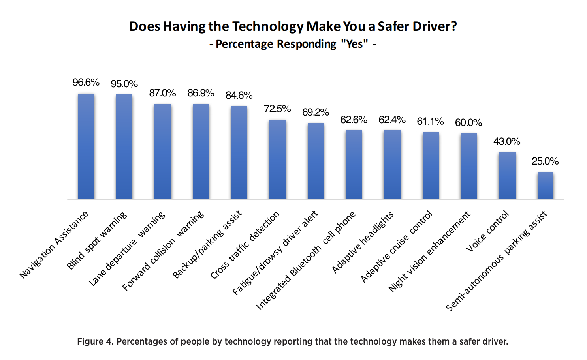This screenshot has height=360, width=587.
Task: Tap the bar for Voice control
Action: (507, 176)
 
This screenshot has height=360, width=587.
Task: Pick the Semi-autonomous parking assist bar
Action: (545, 186)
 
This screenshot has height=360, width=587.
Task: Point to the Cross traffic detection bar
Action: (277, 159)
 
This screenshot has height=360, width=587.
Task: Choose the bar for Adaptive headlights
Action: (392, 165)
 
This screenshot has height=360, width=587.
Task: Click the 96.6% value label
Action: (86, 82)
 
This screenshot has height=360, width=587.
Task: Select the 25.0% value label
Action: (545, 161)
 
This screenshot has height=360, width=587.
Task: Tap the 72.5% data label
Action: (277, 109)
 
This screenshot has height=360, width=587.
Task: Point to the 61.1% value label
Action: (430, 122)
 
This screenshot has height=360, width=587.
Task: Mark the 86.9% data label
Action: (201, 93)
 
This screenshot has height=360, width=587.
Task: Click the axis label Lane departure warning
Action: (127, 249)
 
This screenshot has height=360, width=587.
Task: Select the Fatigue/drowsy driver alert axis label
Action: (275, 253)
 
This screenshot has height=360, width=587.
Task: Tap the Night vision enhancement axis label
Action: (429, 251)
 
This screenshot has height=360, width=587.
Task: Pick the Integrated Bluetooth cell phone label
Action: (306, 261)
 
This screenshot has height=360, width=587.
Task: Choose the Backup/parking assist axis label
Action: (207, 245)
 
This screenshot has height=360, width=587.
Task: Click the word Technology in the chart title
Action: (268, 26)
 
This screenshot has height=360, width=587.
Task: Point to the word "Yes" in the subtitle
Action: (354, 44)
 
